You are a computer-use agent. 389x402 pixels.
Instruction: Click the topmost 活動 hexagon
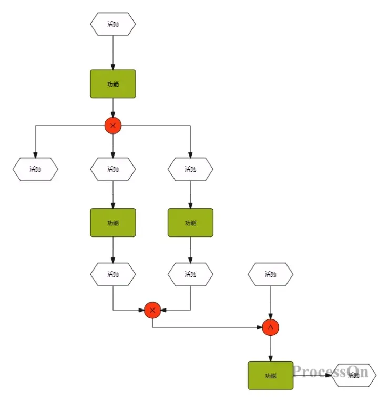(x=113, y=24)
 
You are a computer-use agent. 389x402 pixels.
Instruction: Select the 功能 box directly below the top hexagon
(x=113, y=84)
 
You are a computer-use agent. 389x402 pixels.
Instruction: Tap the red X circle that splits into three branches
(x=113, y=126)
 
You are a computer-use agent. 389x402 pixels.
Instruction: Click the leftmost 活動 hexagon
(x=35, y=169)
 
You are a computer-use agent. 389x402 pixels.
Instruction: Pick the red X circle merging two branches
(x=152, y=310)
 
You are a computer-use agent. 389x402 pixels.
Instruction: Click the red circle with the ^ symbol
(x=270, y=327)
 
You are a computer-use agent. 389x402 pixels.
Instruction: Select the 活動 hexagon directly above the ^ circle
(x=270, y=274)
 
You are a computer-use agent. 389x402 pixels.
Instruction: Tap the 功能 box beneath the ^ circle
(x=270, y=375)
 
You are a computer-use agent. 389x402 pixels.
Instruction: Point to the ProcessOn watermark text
(x=323, y=373)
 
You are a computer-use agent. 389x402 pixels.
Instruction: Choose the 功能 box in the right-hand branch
(x=190, y=223)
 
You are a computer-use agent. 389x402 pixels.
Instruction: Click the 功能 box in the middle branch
(x=113, y=223)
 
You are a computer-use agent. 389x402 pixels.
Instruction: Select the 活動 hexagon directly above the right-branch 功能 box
(x=190, y=169)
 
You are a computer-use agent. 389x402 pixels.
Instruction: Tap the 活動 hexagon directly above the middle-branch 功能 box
(x=113, y=169)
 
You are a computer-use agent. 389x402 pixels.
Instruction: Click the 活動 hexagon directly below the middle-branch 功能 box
(x=113, y=274)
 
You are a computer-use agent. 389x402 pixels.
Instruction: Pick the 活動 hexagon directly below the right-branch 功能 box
(x=190, y=274)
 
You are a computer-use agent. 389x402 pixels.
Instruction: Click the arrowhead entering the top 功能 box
(x=113, y=67)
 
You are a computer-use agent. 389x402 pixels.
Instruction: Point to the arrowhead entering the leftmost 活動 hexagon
(x=35, y=155)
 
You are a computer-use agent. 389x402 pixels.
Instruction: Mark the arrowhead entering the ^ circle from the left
(x=265, y=327)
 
